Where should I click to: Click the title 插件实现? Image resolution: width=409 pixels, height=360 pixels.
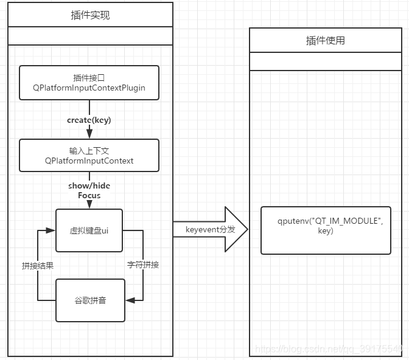[90, 15]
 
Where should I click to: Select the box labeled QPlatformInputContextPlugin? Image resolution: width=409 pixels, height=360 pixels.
[89, 83]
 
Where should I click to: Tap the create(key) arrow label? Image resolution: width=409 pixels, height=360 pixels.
[89, 120]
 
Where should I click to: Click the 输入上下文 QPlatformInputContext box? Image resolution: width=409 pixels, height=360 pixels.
[89, 156]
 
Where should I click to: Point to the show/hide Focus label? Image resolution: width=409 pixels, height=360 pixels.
[89, 190]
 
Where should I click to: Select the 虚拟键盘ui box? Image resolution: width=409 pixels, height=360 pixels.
[89, 230]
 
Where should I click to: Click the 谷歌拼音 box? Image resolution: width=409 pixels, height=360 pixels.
[90, 300]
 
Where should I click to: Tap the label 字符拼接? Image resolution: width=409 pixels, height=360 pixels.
[143, 265]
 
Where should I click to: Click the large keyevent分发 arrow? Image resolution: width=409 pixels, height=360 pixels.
[211, 229]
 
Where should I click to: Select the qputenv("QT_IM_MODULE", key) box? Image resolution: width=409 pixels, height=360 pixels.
[326, 230]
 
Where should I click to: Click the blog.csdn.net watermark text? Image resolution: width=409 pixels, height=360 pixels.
[329, 349]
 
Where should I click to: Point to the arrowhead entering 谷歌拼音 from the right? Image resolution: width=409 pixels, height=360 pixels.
[129, 300]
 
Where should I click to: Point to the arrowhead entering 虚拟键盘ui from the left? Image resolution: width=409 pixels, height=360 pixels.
[51, 230]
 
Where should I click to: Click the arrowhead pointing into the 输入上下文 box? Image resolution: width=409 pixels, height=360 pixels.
[89, 135]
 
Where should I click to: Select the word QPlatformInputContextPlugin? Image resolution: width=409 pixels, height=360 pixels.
[89, 88]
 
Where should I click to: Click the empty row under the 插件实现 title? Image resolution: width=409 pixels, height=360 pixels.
[90, 36]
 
